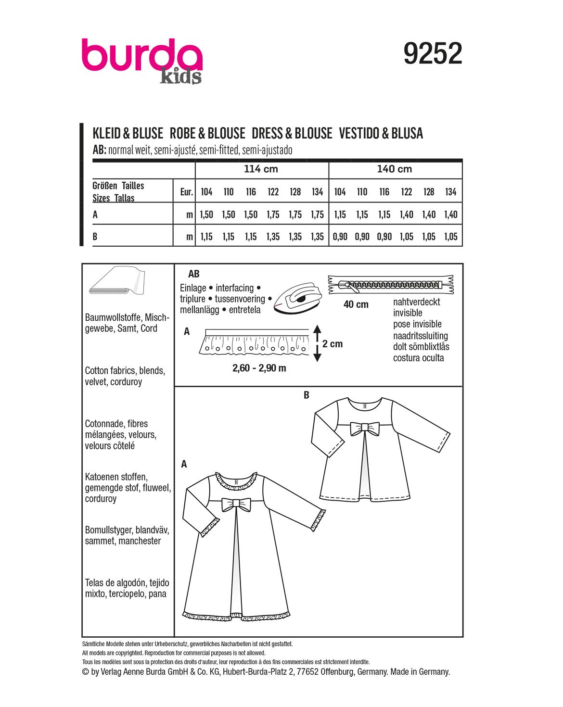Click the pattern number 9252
(x=433, y=53)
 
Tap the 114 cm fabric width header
(x=261, y=169)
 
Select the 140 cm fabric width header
(x=395, y=169)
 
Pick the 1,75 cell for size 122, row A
(x=273, y=215)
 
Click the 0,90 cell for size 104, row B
(x=340, y=237)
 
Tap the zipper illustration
(x=391, y=285)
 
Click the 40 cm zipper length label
(x=356, y=304)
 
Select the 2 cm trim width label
(x=333, y=344)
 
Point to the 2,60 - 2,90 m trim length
(x=259, y=368)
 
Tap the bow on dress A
(x=236, y=504)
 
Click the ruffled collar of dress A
(x=236, y=481)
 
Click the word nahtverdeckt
(x=416, y=302)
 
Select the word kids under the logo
(x=180, y=77)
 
